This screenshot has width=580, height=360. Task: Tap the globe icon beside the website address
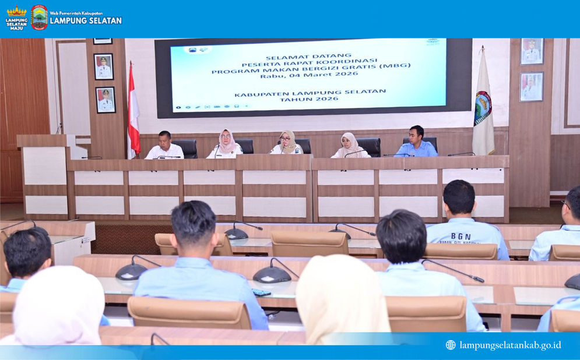[451, 345]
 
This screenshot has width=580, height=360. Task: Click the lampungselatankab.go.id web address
[510, 345]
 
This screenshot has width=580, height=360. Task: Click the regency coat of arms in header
[40, 17]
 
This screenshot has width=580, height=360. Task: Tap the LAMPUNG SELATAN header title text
[86, 20]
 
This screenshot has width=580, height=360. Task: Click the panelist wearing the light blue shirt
[416, 143]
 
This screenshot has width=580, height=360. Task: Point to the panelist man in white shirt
[164, 146]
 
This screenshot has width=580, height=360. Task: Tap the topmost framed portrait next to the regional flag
[532, 51]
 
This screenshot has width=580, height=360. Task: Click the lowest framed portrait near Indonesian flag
[105, 100]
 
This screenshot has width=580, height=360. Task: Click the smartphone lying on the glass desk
[261, 292]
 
